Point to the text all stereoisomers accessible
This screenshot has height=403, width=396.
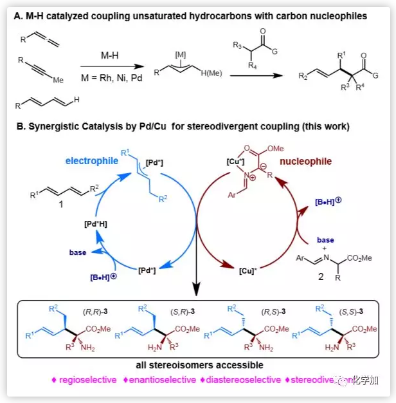(198, 366)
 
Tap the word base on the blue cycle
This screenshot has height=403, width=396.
(78, 252)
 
